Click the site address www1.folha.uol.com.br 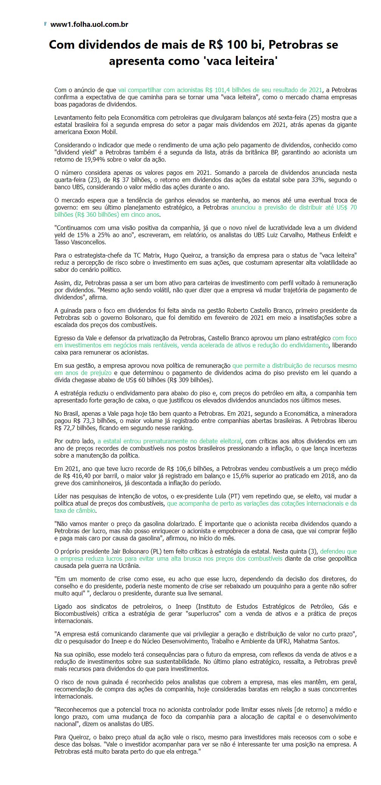tap(89, 25)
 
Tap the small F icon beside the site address tap(45, 24)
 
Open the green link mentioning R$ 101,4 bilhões tap(220, 90)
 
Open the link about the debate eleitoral tap(169, 441)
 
